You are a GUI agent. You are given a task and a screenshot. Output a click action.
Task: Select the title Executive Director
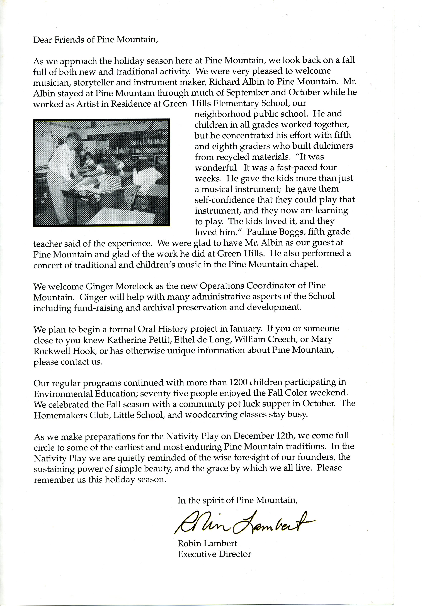[x=214, y=554]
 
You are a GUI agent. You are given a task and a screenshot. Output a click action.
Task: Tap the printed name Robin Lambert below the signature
[x=207, y=543]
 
